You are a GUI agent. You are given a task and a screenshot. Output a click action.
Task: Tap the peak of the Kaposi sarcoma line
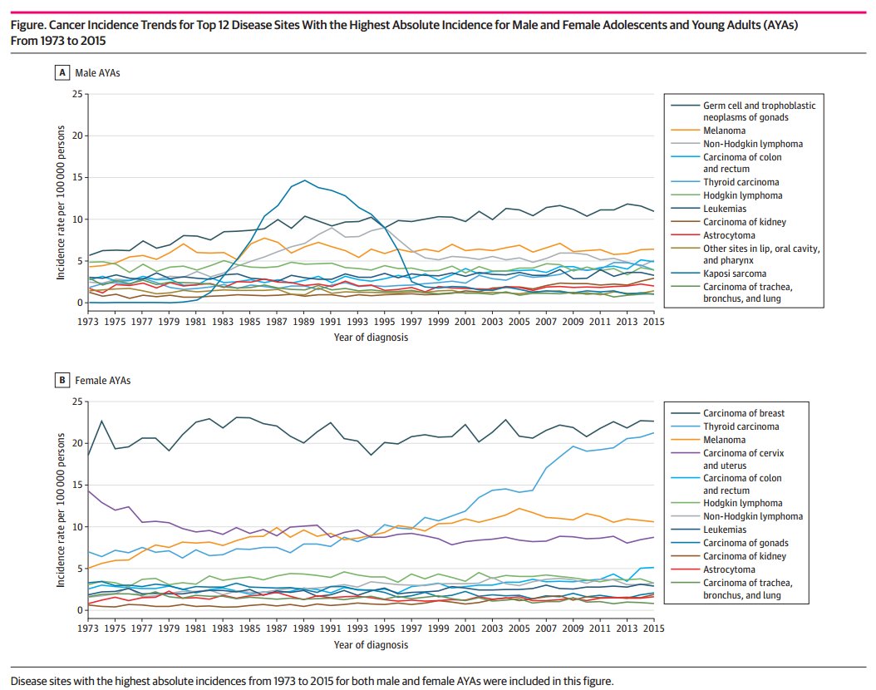point(305,180)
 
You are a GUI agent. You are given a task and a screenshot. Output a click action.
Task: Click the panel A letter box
point(62,73)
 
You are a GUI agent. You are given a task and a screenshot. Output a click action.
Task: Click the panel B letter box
point(62,381)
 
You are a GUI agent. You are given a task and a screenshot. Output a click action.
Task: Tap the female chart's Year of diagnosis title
point(370,645)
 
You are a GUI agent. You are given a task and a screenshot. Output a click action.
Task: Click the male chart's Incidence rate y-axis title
point(62,200)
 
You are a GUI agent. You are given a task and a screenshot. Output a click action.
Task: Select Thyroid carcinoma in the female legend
point(741,426)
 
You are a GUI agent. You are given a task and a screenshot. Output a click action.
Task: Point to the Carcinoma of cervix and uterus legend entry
point(742,459)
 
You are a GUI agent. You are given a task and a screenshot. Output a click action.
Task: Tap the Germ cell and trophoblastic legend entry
point(759,111)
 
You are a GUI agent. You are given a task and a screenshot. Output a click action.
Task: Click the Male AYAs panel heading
point(97,73)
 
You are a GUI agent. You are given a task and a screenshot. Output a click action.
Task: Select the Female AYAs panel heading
point(103,381)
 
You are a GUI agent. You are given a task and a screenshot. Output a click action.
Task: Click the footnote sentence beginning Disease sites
point(312,681)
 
